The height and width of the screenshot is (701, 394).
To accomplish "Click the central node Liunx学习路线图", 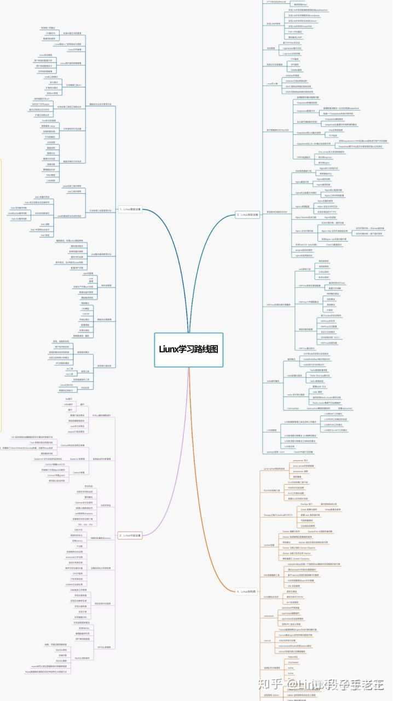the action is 188,349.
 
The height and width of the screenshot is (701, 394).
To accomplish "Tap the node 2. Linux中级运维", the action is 131,535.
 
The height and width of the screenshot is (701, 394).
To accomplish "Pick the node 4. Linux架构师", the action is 246,592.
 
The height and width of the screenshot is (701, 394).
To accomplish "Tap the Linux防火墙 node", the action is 272,83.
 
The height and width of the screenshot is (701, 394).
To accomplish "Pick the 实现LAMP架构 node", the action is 273,24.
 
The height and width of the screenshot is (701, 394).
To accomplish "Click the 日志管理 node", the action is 271,48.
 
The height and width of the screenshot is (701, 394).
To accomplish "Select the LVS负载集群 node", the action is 273,430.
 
